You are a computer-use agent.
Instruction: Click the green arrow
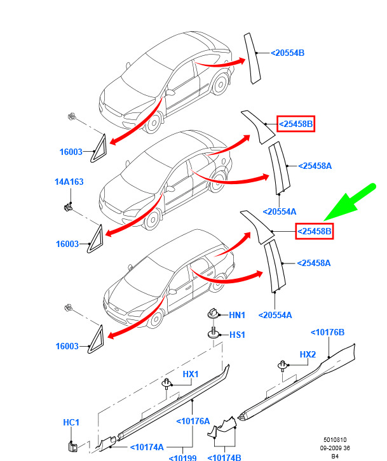point(350,202)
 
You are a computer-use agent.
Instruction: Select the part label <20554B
point(287,53)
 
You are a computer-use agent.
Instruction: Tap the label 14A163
point(69,182)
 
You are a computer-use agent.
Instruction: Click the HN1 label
point(237,315)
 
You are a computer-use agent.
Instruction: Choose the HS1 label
point(237,335)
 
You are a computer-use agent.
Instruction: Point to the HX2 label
point(308,354)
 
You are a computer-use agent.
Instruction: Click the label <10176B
point(327,332)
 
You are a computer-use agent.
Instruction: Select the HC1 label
point(71,422)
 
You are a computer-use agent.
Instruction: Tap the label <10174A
point(147,447)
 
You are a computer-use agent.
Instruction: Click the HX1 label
point(191,374)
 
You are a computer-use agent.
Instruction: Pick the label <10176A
point(193,421)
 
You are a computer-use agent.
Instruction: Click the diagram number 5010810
point(335,440)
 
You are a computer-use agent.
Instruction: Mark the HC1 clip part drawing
point(72,446)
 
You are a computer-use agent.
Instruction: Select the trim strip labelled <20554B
point(252,58)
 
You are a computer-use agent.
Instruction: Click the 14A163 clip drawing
point(68,207)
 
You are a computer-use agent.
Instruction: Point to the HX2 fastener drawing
point(282,366)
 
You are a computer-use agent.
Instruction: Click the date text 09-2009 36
point(335,448)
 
